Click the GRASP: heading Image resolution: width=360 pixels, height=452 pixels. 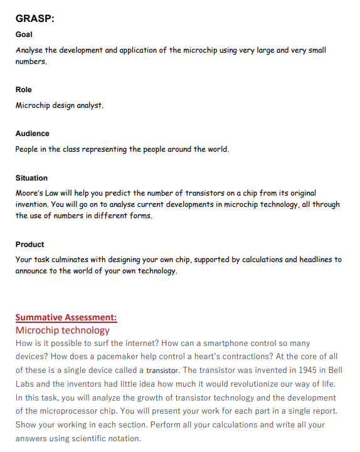[35, 19]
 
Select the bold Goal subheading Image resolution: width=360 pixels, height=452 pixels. [24, 34]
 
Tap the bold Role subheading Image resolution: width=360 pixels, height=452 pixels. [24, 90]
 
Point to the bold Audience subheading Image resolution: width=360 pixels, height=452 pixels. [33, 134]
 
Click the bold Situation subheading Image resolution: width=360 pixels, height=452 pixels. [31, 178]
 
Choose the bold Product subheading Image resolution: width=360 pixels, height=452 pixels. [29, 244]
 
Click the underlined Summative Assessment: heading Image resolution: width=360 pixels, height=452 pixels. [66, 317]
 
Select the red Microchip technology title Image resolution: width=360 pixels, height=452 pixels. [63, 330]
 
